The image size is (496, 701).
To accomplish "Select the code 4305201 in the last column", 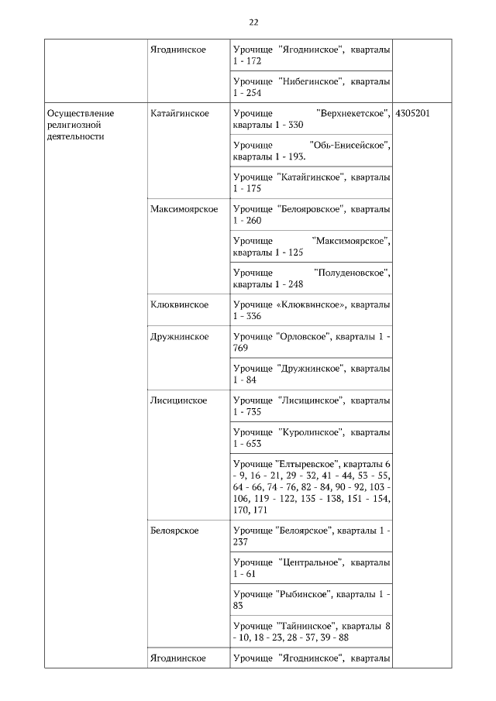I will (x=412, y=114).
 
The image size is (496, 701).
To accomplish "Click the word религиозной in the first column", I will (x=70, y=125).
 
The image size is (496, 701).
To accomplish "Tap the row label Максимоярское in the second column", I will (x=184, y=209).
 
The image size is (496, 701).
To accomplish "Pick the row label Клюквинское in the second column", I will (x=179, y=304).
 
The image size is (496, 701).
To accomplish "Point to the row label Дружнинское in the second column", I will (x=179, y=337).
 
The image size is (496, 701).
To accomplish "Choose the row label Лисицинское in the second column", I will (x=178, y=400).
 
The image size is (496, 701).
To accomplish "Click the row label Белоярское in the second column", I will (x=174, y=531).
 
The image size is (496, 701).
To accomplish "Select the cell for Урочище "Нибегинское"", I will (x=312, y=87).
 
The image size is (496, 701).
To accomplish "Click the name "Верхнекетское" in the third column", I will (x=353, y=114).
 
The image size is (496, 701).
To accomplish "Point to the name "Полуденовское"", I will (x=353, y=273).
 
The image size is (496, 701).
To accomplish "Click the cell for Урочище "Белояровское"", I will (x=312, y=215).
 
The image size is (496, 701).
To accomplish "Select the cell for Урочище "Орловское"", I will (x=312, y=342).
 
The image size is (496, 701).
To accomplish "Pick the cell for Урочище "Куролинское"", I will (x=312, y=438).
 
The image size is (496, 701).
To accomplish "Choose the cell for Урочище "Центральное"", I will (x=312, y=568).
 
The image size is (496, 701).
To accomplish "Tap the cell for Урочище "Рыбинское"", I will (x=312, y=600).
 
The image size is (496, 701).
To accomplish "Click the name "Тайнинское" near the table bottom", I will (x=308, y=625).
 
